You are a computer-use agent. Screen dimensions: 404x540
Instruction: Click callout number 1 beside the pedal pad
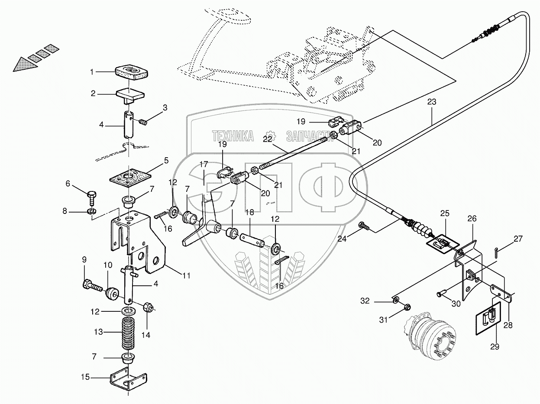coord(92,72)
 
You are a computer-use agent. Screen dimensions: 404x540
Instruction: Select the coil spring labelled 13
coord(127,332)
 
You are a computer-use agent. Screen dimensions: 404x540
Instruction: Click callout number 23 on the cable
coord(431,102)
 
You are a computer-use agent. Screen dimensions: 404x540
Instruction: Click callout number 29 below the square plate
coord(495,346)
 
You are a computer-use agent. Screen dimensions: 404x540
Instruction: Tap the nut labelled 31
coord(407,307)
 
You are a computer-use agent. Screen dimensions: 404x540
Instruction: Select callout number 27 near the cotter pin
coord(518,239)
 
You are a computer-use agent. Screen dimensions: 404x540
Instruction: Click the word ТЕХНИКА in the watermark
coord(233,136)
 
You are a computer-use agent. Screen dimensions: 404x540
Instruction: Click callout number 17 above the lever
coord(204,164)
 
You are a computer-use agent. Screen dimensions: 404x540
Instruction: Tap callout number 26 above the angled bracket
coord(471,219)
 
